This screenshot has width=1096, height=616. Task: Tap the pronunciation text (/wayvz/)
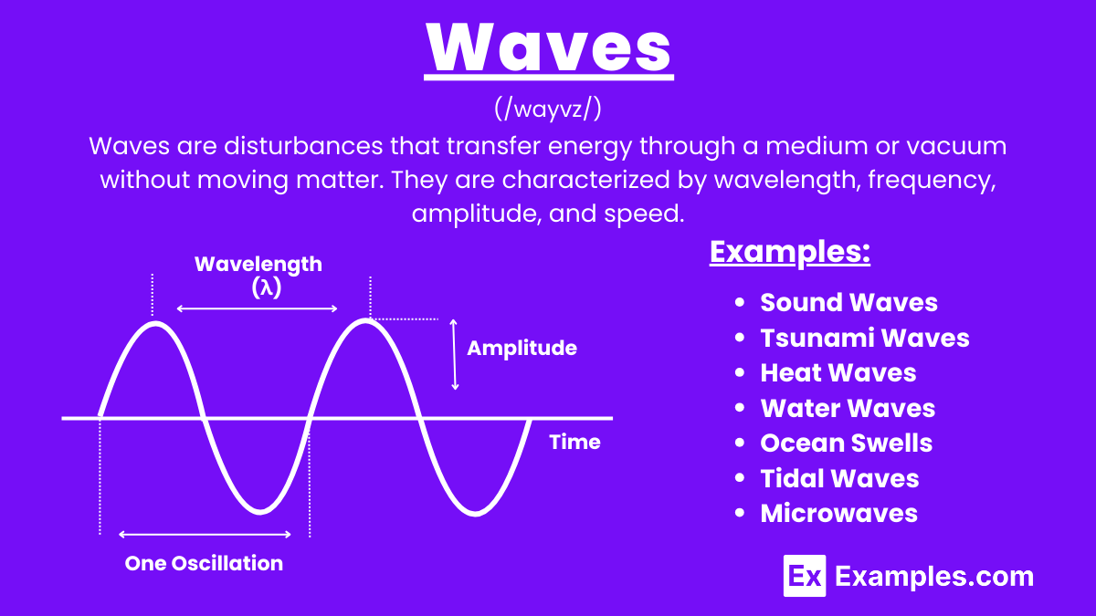(548, 110)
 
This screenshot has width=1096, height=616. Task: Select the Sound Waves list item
(848, 302)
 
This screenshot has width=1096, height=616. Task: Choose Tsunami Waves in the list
(864, 338)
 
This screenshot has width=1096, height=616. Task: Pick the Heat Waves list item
(838, 372)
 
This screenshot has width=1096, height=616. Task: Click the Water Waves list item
(848, 408)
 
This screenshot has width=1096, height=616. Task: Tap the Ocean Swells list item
(846, 443)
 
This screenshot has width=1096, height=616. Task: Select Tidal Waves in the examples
(839, 478)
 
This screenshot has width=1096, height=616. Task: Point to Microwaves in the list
(838, 513)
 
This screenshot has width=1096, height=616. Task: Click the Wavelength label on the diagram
(258, 264)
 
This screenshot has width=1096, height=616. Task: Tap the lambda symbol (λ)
(265, 287)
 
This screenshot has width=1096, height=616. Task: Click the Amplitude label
(522, 348)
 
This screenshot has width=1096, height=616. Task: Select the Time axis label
(574, 442)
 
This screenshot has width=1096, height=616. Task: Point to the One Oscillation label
(204, 563)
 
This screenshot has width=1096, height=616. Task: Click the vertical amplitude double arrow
(455, 355)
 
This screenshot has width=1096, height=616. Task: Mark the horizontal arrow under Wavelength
(257, 308)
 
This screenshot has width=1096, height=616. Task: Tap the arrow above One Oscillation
(205, 534)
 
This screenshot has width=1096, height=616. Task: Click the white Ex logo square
(805, 576)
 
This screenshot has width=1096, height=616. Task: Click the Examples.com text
(934, 576)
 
